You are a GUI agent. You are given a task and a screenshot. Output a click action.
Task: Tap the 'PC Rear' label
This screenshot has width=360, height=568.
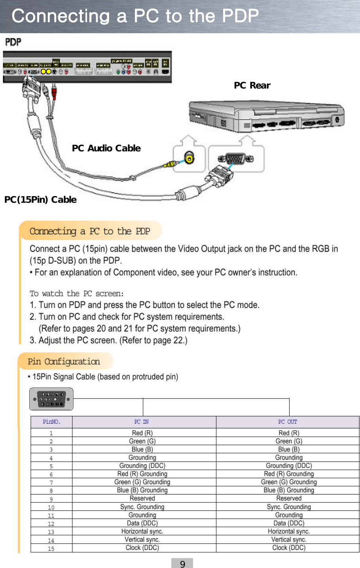click(x=252, y=85)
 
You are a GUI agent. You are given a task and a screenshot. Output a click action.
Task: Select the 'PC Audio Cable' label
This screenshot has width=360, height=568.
click(x=106, y=148)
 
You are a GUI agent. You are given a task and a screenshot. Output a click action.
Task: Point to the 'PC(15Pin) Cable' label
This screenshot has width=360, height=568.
click(x=40, y=200)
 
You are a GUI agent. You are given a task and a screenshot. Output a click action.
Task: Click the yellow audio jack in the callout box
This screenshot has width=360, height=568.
click(x=190, y=159)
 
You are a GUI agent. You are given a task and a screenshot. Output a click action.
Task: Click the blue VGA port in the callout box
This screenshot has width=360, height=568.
click(x=236, y=159)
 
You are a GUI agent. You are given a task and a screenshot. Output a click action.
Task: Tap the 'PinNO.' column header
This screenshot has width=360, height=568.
click(x=51, y=422)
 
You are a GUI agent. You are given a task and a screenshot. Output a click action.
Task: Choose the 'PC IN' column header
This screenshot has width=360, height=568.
click(x=142, y=422)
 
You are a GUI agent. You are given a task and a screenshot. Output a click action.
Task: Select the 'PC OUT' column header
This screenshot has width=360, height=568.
click(x=288, y=422)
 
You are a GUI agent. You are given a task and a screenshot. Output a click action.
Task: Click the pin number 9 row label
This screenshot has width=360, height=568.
click(x=51, y=499)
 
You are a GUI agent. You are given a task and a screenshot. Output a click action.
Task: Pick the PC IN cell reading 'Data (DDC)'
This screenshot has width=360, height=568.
click(x=142, y=523)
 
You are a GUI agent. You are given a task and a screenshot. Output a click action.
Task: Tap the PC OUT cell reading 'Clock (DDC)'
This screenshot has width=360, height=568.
click(x=289, y=548)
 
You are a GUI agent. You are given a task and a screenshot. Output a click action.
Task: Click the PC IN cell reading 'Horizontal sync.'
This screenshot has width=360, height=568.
click(x=142, y=531)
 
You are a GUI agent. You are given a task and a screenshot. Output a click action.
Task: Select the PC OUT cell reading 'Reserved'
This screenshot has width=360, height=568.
click(x=289, y=498)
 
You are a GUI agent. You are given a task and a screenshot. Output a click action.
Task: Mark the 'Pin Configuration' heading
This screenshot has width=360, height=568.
click(x=64, y=361)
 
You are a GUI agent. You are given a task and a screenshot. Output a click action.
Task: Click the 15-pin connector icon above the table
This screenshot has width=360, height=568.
click(x=51, y=399)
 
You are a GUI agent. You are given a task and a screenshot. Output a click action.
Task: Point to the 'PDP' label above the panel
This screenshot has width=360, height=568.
click(x=13, y=42)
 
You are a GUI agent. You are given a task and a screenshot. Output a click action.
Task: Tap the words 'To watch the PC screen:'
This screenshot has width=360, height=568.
click(x=77, y=294)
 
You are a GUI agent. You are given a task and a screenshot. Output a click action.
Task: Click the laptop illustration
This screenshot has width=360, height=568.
click(x=266, y=116)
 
